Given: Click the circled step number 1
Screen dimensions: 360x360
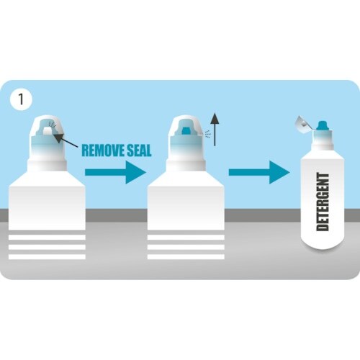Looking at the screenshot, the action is click(21, 99).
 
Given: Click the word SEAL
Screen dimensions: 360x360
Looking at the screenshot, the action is click(139, 150).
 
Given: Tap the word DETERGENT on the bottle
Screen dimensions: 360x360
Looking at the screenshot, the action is click(323, 202).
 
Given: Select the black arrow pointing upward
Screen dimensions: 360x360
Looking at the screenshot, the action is click(215, 129).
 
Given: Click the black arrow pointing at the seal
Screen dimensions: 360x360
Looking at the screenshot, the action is click(66, 140).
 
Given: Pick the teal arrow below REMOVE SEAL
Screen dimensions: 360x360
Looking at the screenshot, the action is click(115, 172).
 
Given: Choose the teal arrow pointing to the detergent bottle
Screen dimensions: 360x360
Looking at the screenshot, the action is click(259, 172).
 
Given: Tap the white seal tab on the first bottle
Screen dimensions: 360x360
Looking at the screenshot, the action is click(48, 130).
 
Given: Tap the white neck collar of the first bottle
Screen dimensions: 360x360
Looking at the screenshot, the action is click(47, 166).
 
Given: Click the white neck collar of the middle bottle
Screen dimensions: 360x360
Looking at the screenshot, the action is click(186, 166).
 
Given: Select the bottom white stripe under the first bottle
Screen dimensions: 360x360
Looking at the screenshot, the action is click(47, 257).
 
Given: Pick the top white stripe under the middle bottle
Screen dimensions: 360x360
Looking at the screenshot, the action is click(186, 238).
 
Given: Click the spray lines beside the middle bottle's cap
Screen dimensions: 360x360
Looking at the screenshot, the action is click(208, 135).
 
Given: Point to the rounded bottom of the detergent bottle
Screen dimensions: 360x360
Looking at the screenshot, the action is click(323, 243).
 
